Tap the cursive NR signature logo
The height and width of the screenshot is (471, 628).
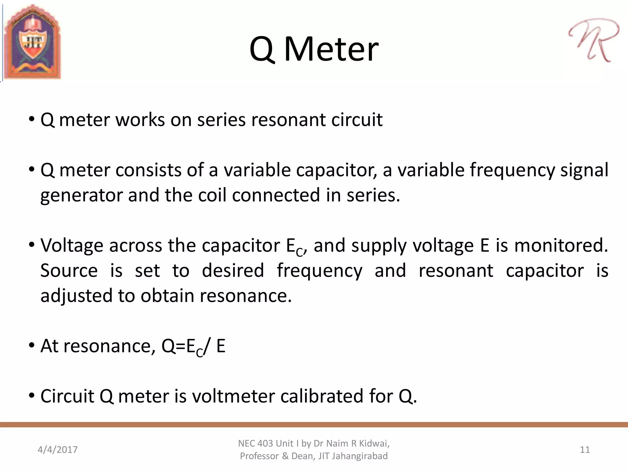(x=593, y=40)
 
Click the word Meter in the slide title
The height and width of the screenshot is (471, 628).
(x=331, y=49)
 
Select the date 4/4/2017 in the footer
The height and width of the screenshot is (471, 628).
(x=58, y=450)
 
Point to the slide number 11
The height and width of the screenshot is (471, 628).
(x=585, y=450)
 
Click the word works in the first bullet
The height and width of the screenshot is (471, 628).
(x=140, y=120)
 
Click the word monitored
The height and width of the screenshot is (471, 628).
(x=561, y=245)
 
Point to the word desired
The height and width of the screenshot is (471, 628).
(x=233, y=270)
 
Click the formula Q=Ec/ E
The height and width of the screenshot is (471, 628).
(x=193, y=347)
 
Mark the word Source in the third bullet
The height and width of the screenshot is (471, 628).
(x=69, y=270)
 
